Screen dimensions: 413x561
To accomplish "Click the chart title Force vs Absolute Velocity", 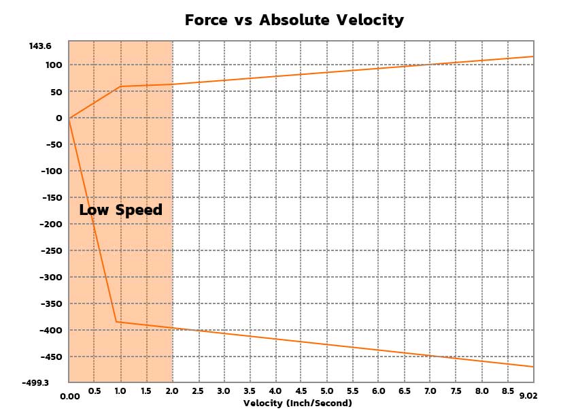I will (294, 20).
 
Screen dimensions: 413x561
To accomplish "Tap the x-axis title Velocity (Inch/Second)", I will (298, 403).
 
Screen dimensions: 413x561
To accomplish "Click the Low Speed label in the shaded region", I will (120, 210).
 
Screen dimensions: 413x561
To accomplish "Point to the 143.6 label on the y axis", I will (40, 46).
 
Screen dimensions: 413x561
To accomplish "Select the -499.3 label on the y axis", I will (36, 383).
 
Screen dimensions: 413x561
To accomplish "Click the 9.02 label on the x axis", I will (528, 396).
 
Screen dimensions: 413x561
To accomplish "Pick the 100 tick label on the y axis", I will (54, 65).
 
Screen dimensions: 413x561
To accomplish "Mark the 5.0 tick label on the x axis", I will (326, 391).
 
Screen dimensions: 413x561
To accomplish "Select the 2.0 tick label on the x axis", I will (172, 391).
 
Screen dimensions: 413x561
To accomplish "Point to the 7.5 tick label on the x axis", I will (456, 391).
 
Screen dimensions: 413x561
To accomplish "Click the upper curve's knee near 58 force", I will (120, 86).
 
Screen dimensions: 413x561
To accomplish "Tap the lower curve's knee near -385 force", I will (116, 321).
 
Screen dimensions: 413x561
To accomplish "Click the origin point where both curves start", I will (69, 118).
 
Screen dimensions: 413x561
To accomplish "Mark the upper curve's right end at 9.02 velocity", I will (533, 56).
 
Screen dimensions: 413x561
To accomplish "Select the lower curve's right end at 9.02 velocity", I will (533, 367).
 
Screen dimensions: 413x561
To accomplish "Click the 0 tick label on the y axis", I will (59, 118).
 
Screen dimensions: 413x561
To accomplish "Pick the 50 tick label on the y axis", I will (56, 92).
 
